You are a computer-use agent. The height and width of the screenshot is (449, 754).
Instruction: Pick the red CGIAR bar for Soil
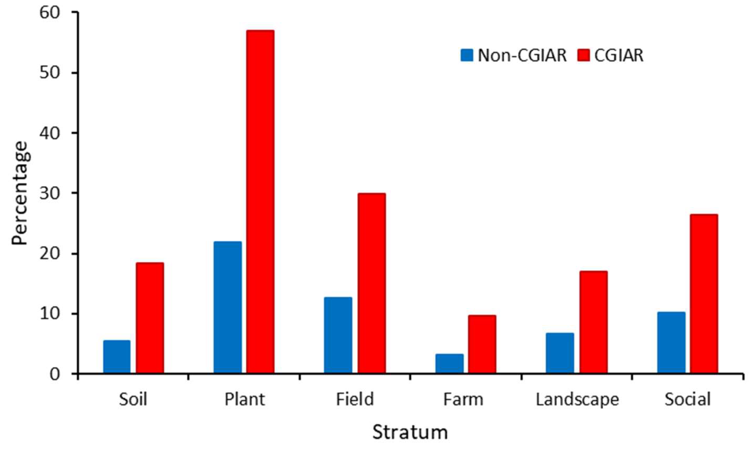(x=150, y=318)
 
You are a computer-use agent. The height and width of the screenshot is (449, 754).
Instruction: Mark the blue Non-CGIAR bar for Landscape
(x=560, y=353)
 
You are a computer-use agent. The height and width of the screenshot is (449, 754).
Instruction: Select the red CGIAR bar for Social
(x=704, y=293)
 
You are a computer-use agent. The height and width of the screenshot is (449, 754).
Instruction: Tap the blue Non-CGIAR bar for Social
(x=671, y=342)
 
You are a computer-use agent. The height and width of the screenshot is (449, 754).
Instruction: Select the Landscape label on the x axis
(x=577, y=399)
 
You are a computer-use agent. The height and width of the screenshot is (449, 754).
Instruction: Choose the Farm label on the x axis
(x=463, y=399)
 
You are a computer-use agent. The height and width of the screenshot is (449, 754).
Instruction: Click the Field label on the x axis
(x=355, y=399)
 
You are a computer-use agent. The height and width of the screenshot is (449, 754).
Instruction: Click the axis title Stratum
(x=410, y=432)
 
